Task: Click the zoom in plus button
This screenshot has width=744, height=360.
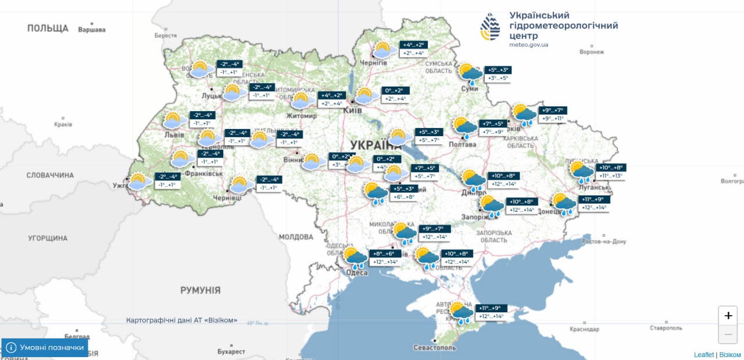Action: click(728, 316)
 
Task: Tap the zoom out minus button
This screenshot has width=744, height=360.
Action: click(728, 334)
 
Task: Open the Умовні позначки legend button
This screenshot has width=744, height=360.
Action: click(45, 348)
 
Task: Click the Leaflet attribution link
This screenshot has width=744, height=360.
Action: click(703, 355)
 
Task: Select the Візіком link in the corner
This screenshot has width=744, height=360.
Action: click(730, 355)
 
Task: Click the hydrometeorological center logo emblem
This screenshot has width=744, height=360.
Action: click(489, 27)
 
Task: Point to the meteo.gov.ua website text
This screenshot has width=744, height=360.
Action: click(528, 45)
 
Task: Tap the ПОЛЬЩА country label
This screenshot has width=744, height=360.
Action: click(48, 28)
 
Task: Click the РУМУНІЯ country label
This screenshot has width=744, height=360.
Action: click(201, 290)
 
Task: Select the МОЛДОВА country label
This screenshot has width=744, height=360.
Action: click(295, 237)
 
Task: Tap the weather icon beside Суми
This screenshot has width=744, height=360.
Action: click(470, 74)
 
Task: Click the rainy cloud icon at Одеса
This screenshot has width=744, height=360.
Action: click(355, 258)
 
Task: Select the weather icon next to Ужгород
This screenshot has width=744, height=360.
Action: click(139, 181)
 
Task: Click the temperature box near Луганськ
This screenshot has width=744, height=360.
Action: click(610, 171)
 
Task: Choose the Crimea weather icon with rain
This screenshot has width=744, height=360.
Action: click(462, 312)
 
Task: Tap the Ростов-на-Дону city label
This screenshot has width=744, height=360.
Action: click(604, 241)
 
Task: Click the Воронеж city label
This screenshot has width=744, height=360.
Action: click(592, 52)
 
